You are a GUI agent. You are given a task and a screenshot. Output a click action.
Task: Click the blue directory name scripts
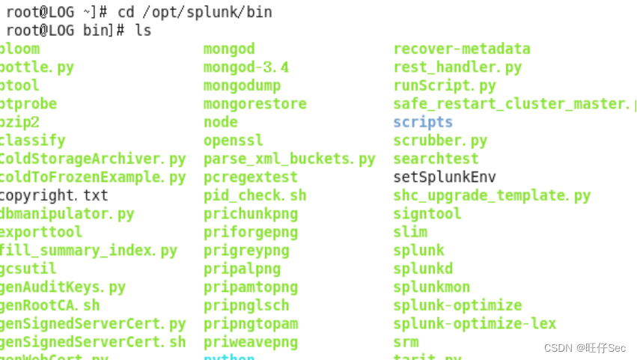point(423,122)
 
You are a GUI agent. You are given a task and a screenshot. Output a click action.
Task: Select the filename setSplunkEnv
point(445,177)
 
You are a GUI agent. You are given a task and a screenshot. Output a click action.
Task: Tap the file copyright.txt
point(54,195)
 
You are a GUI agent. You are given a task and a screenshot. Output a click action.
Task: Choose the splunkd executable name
point(423,269)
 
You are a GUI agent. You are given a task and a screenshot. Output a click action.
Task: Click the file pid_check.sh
point(255,195)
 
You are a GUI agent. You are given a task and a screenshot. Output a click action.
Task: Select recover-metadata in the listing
point(462,49)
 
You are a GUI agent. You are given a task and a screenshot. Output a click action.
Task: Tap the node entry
point(221,122)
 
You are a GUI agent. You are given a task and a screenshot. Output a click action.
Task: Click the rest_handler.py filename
point(457,67)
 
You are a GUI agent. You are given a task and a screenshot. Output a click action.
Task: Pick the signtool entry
point(427,214)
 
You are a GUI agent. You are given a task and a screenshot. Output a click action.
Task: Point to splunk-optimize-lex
point(475,323)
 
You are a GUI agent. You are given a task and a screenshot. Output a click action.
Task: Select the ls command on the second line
point(143,31)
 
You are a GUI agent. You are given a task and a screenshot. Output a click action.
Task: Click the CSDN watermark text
point(585,348)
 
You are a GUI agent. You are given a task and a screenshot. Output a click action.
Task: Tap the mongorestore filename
point(255,104)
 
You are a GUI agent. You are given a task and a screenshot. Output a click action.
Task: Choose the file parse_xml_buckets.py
point(289,159)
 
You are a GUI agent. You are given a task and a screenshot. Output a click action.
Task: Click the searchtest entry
point(436,159)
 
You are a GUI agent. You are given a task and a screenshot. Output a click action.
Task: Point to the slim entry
point(410,232)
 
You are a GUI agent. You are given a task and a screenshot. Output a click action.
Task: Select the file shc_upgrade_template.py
point(492,195)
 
